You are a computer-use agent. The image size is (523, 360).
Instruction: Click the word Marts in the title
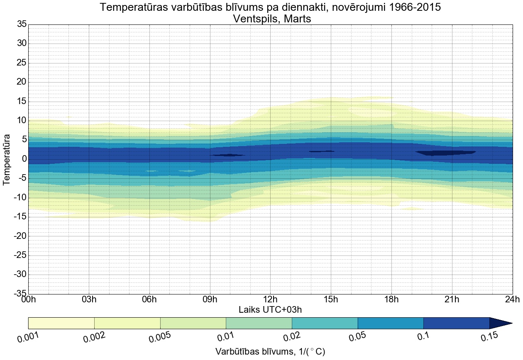[296, 19]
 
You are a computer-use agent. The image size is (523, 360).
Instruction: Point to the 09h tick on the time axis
[210, 299]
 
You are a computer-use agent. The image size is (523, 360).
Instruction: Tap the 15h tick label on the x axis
[331, 299]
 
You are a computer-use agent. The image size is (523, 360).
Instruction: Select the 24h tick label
[512, 299]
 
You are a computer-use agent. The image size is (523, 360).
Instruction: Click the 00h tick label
[28, 299]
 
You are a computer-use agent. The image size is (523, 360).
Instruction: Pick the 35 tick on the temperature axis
[22, 24]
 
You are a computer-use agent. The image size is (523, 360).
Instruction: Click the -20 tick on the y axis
[19, 236]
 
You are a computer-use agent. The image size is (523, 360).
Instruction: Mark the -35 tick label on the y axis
[19, 294]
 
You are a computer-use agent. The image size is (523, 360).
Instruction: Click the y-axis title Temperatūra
[7, 159]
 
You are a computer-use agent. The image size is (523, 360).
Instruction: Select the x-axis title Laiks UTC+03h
[270, 309]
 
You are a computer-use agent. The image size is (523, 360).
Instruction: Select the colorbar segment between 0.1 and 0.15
[456, 323]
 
